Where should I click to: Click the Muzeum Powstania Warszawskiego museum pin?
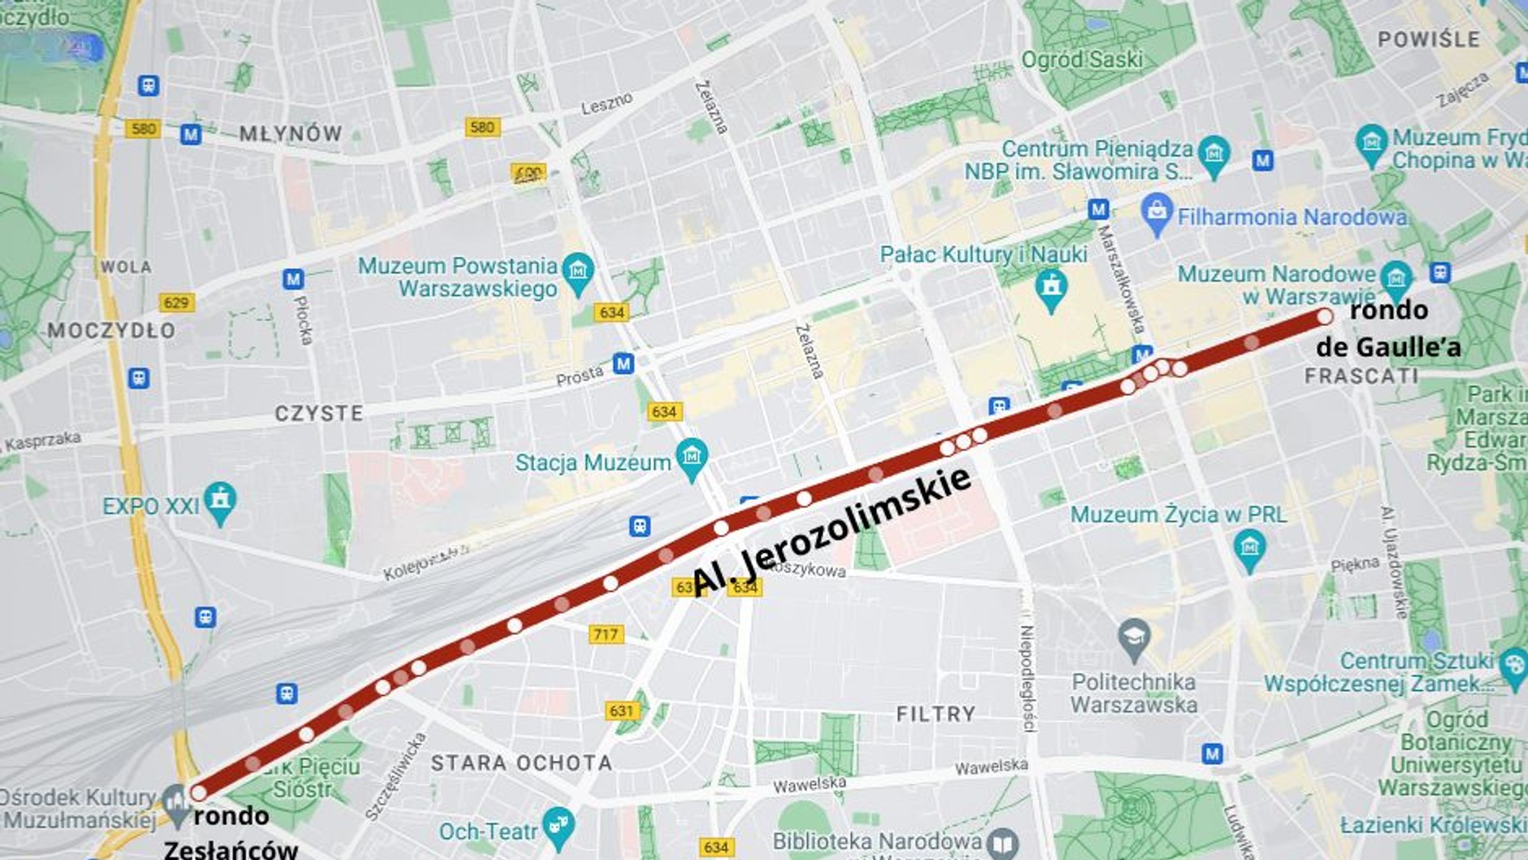pyautogui.click(x=578, y=271)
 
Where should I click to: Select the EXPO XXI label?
pyautogui.click(x=150, y=506)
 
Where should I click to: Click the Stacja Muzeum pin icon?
pyautogui.click(x=692, y=458)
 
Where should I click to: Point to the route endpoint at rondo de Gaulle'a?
pyautogui.click(x=1325, y=316)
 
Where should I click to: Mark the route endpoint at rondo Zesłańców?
pyautogui.click(x=198, y=793)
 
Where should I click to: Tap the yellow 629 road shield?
pyautogui.click(x=176, y=302)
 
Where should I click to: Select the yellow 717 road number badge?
pyautogui.click(x=606, y=634)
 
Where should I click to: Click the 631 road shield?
pyautogui.click(x=622, y=710)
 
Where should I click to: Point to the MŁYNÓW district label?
pyautogui.click(x=290, y=134)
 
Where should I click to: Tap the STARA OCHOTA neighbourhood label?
pyautogui.click(x=521, y=762)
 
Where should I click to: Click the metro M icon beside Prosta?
pyautogui.click(x=623, y=363)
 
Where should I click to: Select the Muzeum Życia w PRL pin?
pyautogui.click(x=1249, y=549)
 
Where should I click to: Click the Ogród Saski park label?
pyautogui.click(x=1082, y=59)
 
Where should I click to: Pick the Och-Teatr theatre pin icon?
pyautogui.click(x=558, y=826)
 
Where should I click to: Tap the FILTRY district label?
pyautogui.click(x=935, y=714)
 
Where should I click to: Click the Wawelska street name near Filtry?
pyautogui.click(x=991, y=767)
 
